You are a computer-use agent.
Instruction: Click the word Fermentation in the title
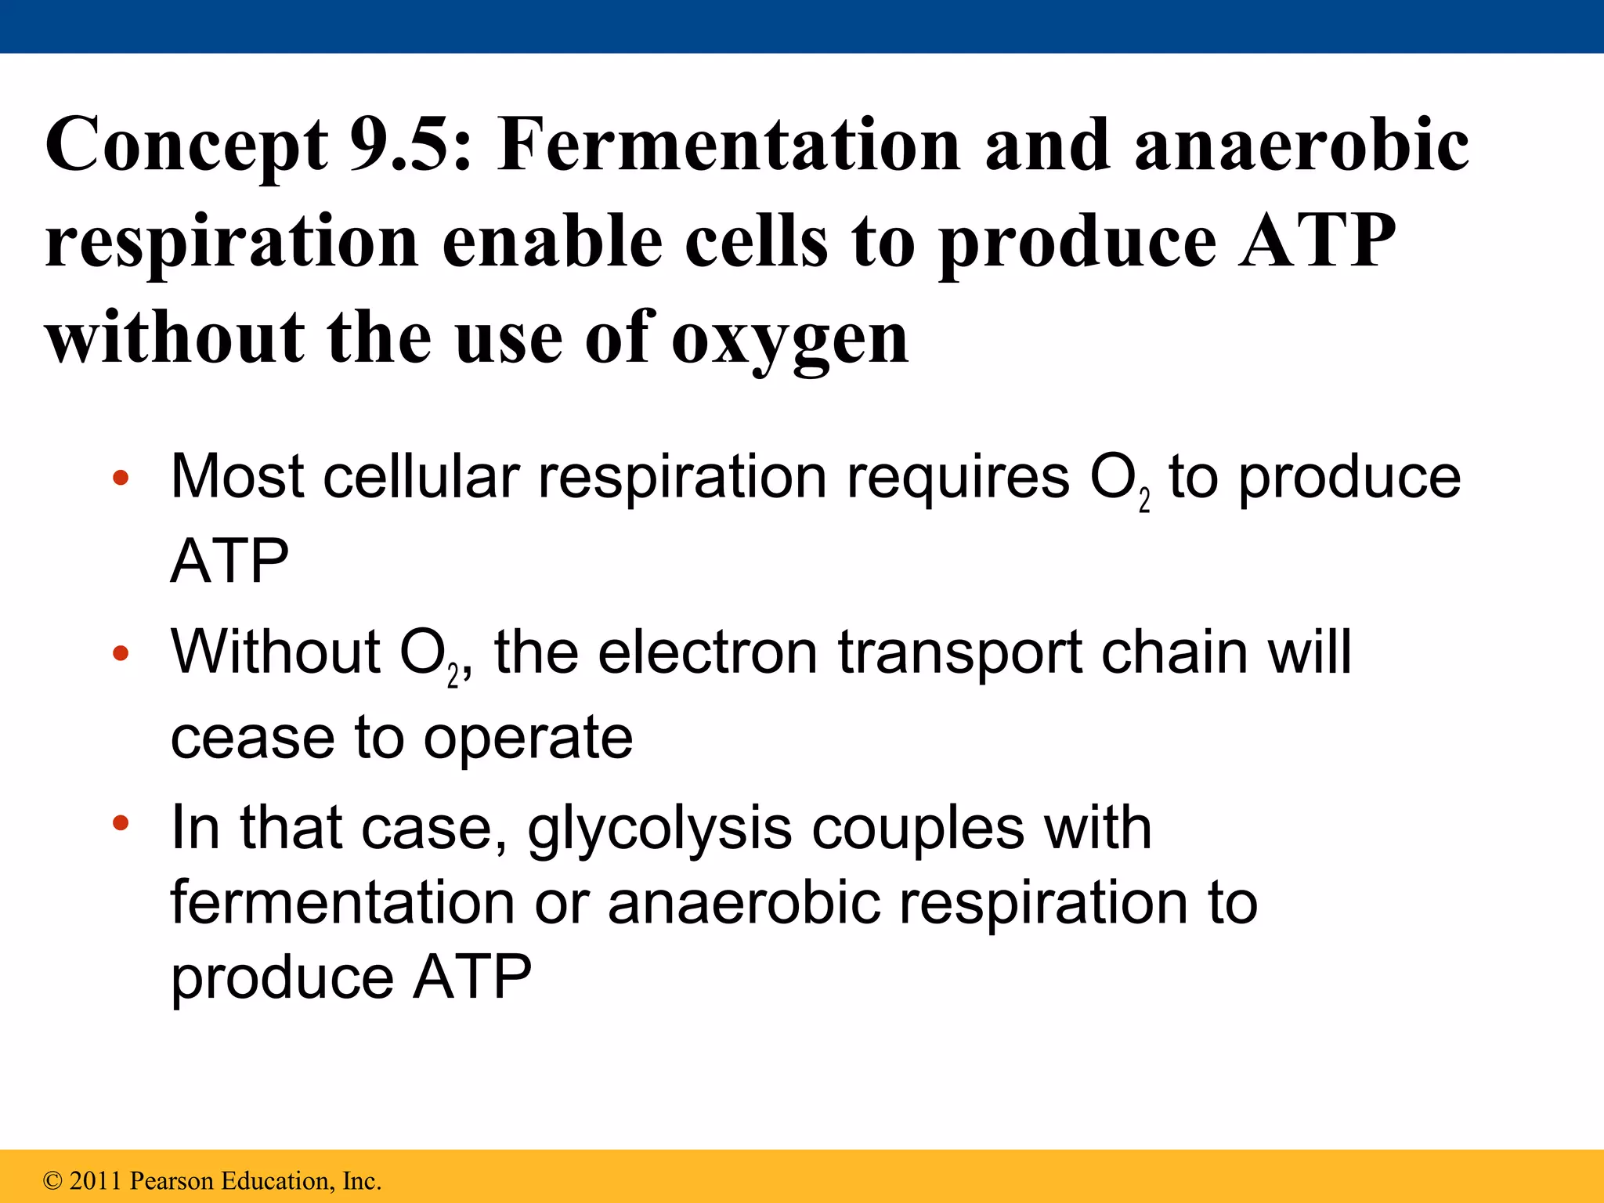pyautogui.click(x=728, y=145)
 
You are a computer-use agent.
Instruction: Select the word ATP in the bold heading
pyautogui.click(x=1317, y=241)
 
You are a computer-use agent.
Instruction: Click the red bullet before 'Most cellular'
pyautogui.click(x=120, y=479)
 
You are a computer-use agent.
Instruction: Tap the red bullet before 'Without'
pyautogui.click(x=120, y=653)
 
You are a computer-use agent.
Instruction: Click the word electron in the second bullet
pyautogui.click(x=708, y=652)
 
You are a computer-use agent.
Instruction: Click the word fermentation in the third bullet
pyautogui.click(x=342, y=902)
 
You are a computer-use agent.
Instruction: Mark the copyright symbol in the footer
pyautogui.click(x=52, y=1180)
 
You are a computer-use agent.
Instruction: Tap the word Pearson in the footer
pyautogui.click(x=172, y=1180)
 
